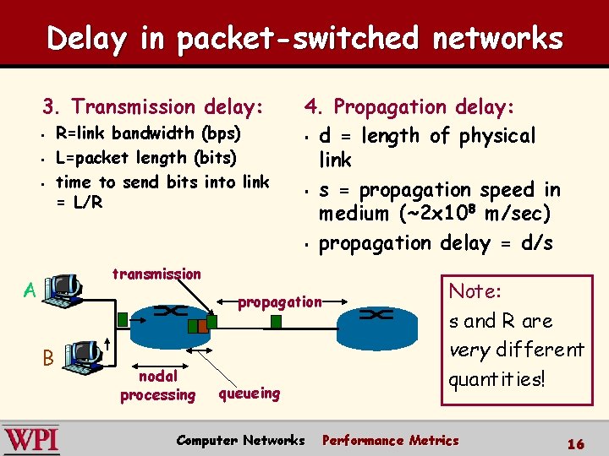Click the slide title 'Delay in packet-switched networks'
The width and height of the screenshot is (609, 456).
point(304,38)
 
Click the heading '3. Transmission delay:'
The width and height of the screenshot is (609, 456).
point(153,106)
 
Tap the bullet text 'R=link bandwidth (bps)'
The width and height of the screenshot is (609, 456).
point(147,133)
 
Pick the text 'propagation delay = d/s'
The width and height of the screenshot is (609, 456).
point(436,243)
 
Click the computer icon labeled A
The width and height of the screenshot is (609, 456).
point(63,290)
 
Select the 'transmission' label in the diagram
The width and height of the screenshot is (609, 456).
point(156,274)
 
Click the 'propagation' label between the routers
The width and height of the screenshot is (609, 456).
point(280,301)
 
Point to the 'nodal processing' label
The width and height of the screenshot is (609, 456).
point(157,386)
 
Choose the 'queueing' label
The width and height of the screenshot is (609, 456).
point(249,393)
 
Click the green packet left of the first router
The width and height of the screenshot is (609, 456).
point(123,319)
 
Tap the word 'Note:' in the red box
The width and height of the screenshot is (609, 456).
point(475,291)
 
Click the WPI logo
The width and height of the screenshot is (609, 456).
point(31,439)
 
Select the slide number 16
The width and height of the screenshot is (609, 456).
point(575,442)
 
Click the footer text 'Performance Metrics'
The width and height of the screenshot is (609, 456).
point(390,440)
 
